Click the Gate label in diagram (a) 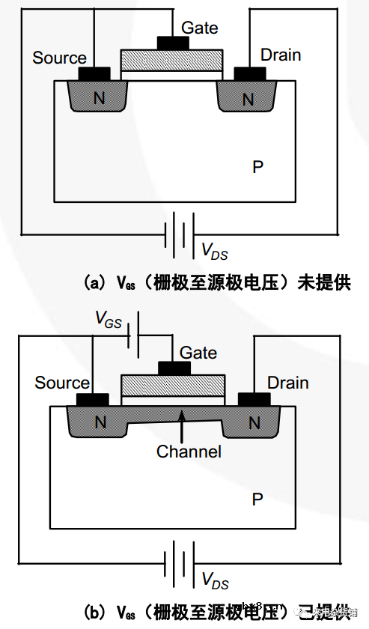(x=200, y=28)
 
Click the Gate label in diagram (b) (x=198, y=353)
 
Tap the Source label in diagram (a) (x=59, y=58)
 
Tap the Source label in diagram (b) (x=61, y=383)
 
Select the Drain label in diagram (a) (x=281, y=55)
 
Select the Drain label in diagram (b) (x=287, y=383)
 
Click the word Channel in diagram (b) (x=189, y=452)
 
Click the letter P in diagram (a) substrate (x=257, y=167)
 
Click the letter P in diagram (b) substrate (x=257, y=499)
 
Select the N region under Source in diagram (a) (x=97, y=98)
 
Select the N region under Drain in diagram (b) (x=254, y=423)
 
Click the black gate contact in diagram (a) (x=171, y=43)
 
